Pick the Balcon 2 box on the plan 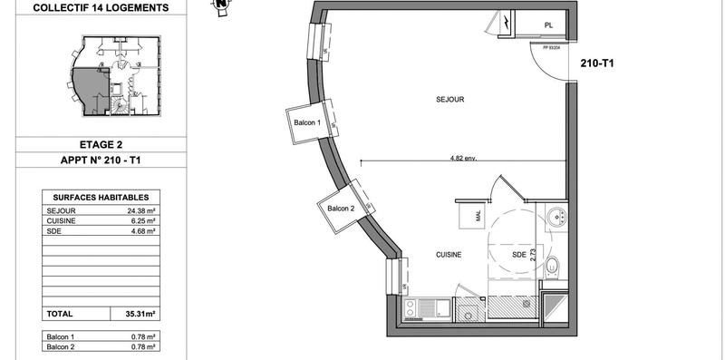(341, 209)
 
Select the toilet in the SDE (555, 266)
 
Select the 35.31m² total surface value (138, 314)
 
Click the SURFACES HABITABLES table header (101, 197)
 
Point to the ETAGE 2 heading (101, 143)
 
